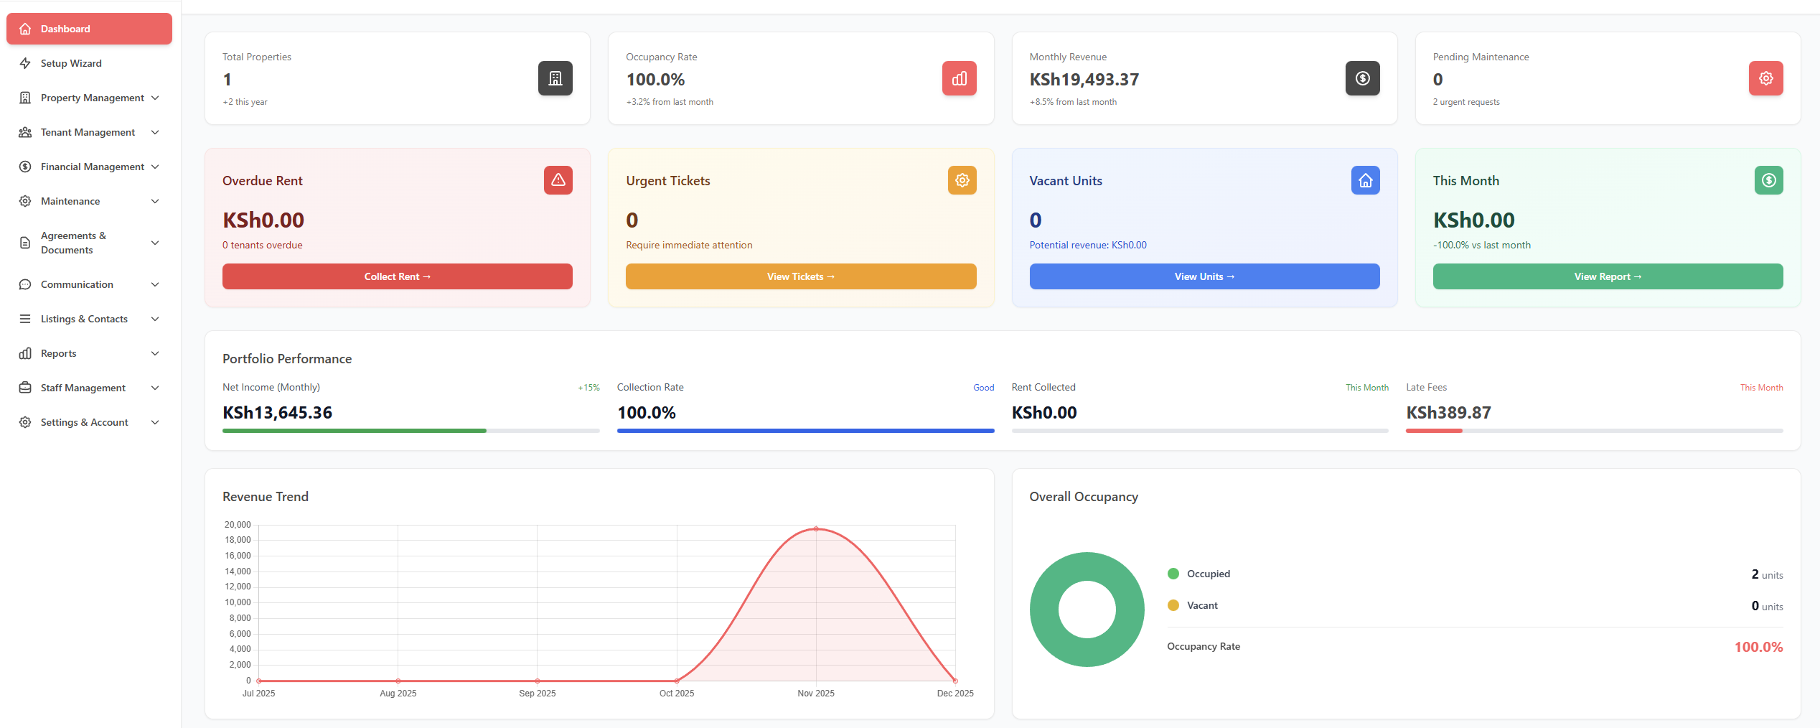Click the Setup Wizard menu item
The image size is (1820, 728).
[x=70, y=63]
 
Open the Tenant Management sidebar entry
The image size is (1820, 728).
[x=88, y=132]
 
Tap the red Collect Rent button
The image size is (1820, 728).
[x=397, y=276]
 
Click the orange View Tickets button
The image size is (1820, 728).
[x=800, y=276]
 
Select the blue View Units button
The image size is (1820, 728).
[x=1204, y=276]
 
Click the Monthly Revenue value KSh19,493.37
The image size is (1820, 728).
[x=1084, y=80]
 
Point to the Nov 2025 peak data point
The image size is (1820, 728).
[x=816, y=529]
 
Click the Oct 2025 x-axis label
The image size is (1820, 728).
[x=676, y=694]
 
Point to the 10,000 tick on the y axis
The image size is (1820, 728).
[x=238, y=602]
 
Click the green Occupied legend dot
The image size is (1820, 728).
[x=1173, y=574]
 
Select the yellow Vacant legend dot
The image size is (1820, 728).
[x=1173, y=605]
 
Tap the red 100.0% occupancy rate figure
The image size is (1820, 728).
[x=1758, y=647]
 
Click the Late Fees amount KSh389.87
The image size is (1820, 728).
[x=1448, y=413]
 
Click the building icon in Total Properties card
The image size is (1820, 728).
[x=555, y=78]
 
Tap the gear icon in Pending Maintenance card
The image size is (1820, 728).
[x=1765, y=78]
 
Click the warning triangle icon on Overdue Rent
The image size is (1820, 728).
[x=558, y=180]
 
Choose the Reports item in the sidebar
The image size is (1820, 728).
[x=58, y=353]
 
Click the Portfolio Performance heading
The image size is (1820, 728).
[x=287, y=359]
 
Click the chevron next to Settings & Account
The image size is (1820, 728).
[x=155, y=422]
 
